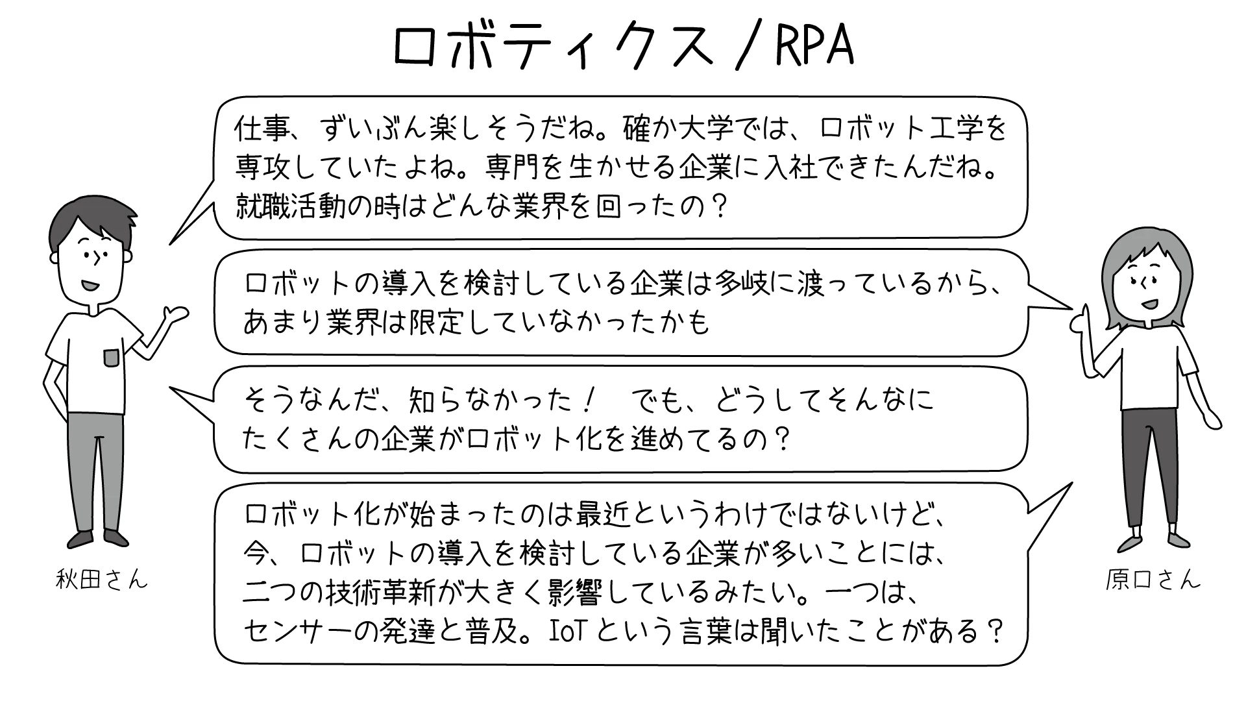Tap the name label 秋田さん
102,578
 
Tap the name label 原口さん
1153,579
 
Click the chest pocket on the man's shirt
112,358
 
